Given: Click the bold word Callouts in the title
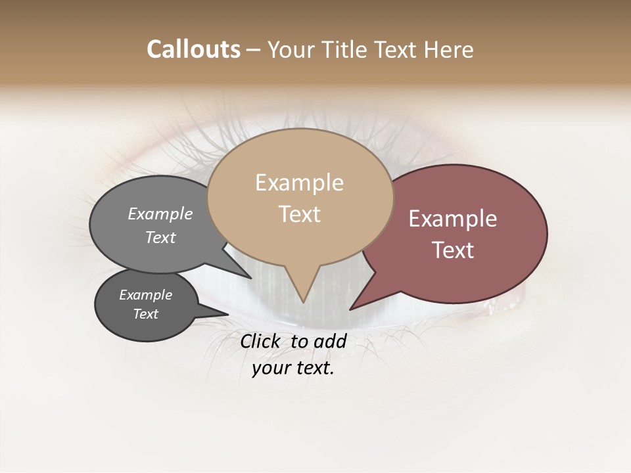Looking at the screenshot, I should (x=193, y=49).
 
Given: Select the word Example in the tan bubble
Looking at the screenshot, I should (x=299, y=183).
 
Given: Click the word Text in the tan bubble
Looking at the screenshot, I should (x=299, y=214).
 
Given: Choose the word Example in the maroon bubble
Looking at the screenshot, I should (x=453, y=219).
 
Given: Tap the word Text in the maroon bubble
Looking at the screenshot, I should (x=453, y=250).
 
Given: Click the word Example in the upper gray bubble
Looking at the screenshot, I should (x=160, y=214).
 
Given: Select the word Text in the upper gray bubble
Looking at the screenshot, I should (x=160, y=237).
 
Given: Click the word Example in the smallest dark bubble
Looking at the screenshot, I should (x=145, y=295).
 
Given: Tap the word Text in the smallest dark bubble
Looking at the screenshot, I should (x=145, y=314).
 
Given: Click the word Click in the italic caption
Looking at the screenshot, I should (x=260, y=341).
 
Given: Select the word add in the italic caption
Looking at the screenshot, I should (x=330, y=341).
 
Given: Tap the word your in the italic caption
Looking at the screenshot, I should (x=271, y=368).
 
